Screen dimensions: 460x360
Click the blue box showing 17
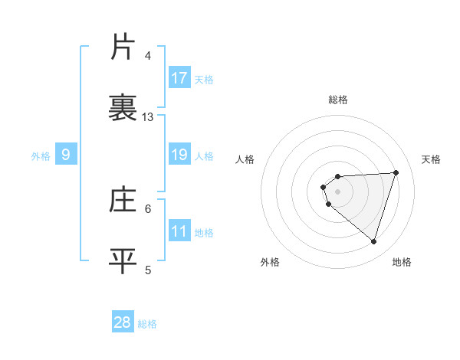[x=179, y=78]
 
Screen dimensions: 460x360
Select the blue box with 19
[x=179, y=155]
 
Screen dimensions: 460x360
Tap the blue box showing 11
[x=179, y=231]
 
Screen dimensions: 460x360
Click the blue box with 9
[x=66, y=155]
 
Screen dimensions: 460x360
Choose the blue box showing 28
[x=123, y=322]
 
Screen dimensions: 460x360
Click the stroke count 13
[x=148, y=117]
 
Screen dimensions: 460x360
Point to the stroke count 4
[x=148, y=55]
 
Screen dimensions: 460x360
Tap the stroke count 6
[x=148, y=208]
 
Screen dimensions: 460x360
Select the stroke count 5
[x=148, y=270]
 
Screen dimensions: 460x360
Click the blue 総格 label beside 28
[x=148, y=323]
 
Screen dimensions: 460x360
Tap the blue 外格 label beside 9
[x=41, y=156]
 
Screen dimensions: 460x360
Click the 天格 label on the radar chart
[x=432, y=159]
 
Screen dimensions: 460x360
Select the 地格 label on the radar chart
[x=402, y=262]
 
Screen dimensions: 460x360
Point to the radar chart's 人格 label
[x=245, y=159]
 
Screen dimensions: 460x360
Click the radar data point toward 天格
[x=396, y=172]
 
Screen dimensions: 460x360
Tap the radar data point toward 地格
[x=373, y=241]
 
